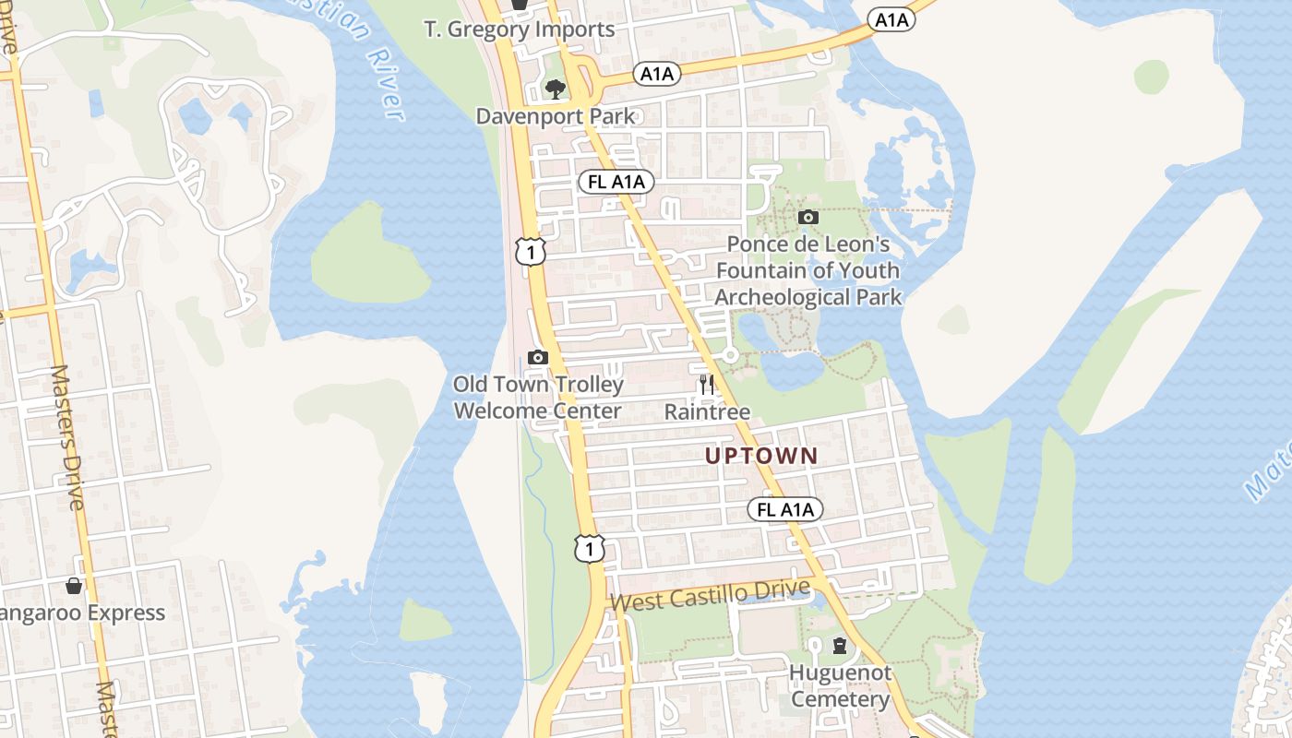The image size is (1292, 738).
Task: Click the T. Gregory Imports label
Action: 520,30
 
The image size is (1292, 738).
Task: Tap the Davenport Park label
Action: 556,116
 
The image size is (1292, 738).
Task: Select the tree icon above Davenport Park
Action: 555,89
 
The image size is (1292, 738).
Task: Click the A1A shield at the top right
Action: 891,19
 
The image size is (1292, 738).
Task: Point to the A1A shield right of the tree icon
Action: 657,75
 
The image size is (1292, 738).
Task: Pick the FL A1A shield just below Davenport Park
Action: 616,182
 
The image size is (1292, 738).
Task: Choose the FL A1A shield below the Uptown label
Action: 784,509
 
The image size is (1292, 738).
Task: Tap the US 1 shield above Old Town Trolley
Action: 530,251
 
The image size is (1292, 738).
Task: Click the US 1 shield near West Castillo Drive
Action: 589,548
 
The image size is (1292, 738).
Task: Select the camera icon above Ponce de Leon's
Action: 808,218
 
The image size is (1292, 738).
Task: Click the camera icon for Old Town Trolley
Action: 538,357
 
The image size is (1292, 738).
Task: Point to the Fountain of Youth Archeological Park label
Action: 808,270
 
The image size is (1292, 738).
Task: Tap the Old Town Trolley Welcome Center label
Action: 538,398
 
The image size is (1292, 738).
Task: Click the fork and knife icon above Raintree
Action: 707,385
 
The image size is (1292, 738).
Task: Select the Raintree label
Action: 707,411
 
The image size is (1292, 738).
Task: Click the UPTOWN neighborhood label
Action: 761,456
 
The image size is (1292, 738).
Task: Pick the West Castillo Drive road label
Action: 711,596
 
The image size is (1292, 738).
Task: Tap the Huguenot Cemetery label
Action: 840,685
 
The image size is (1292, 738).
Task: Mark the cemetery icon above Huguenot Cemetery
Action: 840,645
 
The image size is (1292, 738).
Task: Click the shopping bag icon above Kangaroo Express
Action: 74,586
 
